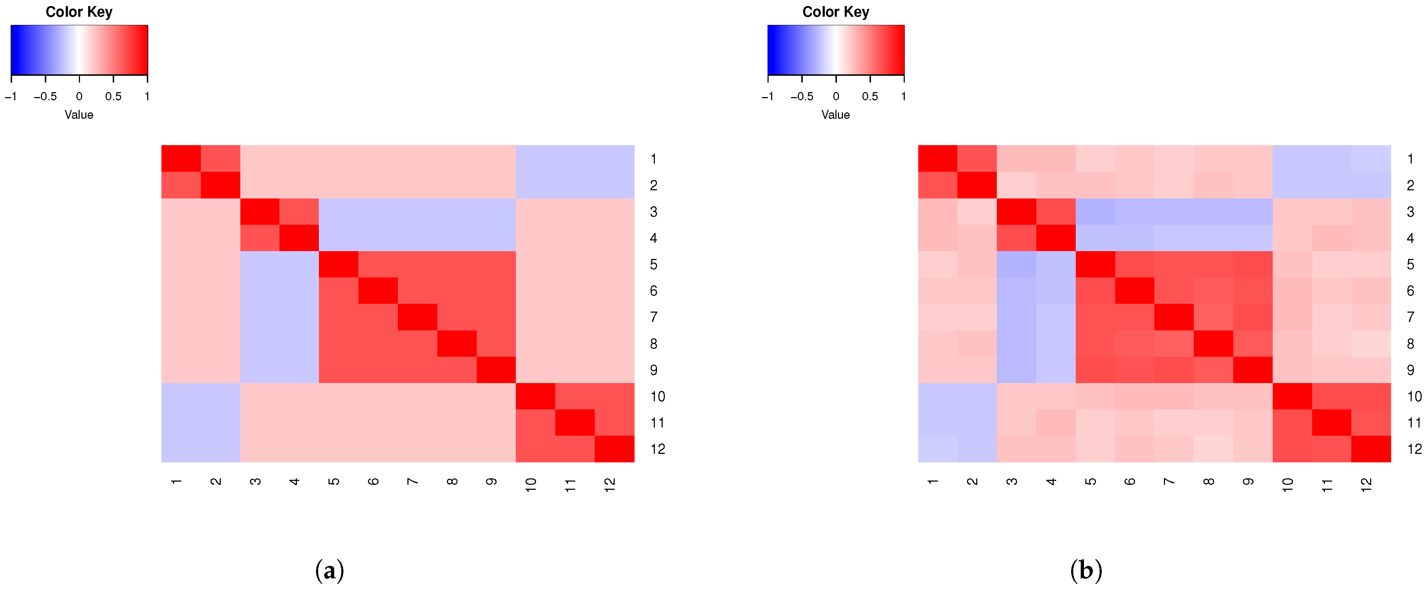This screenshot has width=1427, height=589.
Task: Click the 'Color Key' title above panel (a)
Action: click(x=79, y=12)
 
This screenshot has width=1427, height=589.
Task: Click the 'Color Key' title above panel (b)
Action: click(x=835, y=12)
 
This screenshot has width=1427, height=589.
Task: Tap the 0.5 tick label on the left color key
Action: click(x=113, y=96)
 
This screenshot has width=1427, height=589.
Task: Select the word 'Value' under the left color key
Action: click(x=79, y=115)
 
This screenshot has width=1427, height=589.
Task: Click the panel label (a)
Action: click(x=329, y=569)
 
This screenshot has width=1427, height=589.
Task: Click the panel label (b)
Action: click(x=1086, y=569)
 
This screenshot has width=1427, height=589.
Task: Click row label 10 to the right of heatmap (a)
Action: click(x=658, y=396)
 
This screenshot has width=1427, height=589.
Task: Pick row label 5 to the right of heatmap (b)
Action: click(x=1410, y=264)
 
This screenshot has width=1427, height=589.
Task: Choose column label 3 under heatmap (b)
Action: click(x=1011, y=481)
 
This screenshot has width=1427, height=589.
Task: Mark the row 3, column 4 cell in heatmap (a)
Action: click(x=299, y=211)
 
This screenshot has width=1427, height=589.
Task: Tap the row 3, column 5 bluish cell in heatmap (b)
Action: click(x=1095, y=211)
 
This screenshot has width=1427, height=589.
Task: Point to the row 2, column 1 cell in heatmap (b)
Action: click(x=937, y=185)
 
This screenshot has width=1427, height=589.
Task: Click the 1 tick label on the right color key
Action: click(x=903, y=96)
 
